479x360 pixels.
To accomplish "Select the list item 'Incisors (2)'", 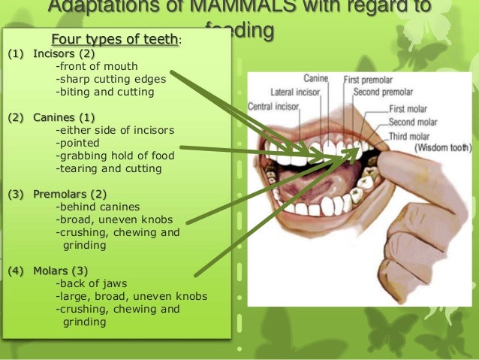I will point(64,53).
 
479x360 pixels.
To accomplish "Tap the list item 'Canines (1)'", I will point(64,117).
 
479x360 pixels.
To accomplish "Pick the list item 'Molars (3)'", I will point(61,271).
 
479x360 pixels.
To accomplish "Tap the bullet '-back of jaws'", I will point(89,283).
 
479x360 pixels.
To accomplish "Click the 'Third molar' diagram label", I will point(409,136).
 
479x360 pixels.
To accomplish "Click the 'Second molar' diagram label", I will point(412,122).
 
